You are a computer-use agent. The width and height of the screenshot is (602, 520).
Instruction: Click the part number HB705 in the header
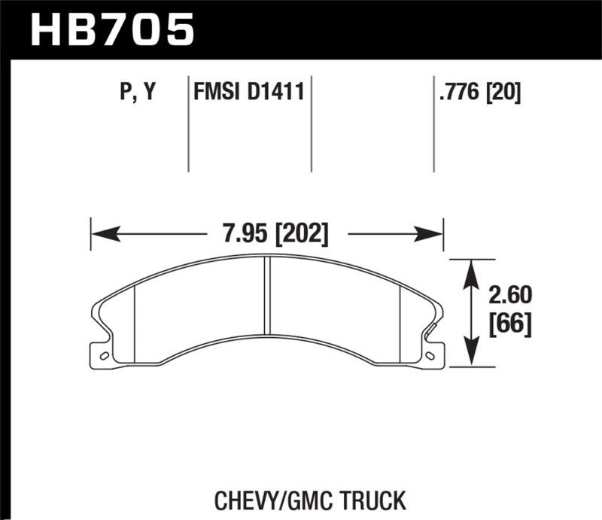pyautogui.click(x=111, y=30)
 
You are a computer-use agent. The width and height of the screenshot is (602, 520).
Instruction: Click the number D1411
pyautogui.click(x=274, y=93)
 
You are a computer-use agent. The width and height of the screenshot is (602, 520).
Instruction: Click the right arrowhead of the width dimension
pyautogui.click(x=436, y=234)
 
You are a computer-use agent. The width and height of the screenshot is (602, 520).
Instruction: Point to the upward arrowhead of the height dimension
pyautogui.click(x=471, y=267)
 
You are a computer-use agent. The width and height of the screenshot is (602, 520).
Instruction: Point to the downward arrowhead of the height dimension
pyautogui.click(x=471, y=357)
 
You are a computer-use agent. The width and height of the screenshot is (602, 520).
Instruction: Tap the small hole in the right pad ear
pyautogui.click(x=430, y=355)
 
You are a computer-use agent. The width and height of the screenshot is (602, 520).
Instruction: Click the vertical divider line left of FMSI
pyautogui.click(x=187, y=124)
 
